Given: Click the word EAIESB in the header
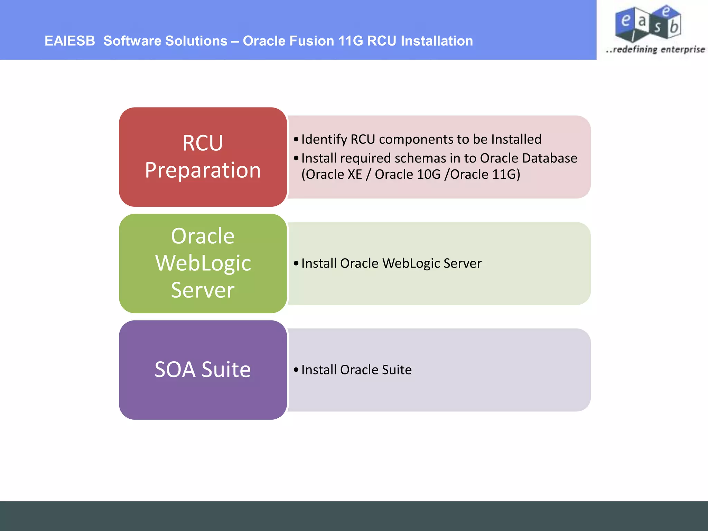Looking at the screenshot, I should pos(69,41).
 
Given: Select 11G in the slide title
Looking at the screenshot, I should pos(351,41).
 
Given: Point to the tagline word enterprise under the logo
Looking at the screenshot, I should pos(683,49).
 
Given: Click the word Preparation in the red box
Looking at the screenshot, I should pos(203,170).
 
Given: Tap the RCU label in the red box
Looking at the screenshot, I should pos(203,143).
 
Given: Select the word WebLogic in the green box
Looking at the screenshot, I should pos(203,263).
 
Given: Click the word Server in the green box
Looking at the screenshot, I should pos(203,290).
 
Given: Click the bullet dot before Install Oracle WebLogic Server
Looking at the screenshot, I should pos(296,263).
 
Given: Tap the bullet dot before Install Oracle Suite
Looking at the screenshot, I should pos(296,370).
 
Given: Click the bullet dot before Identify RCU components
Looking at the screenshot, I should pos(296,139).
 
